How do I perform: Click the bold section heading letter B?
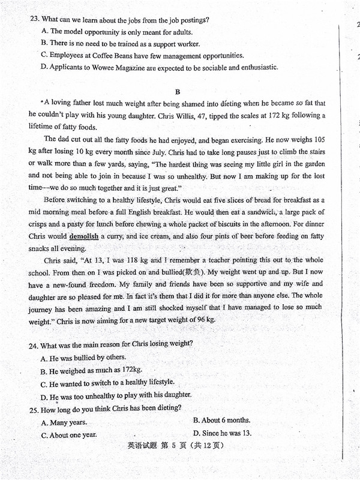177,92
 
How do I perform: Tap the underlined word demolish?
84,236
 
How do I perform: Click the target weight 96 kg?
201,320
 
